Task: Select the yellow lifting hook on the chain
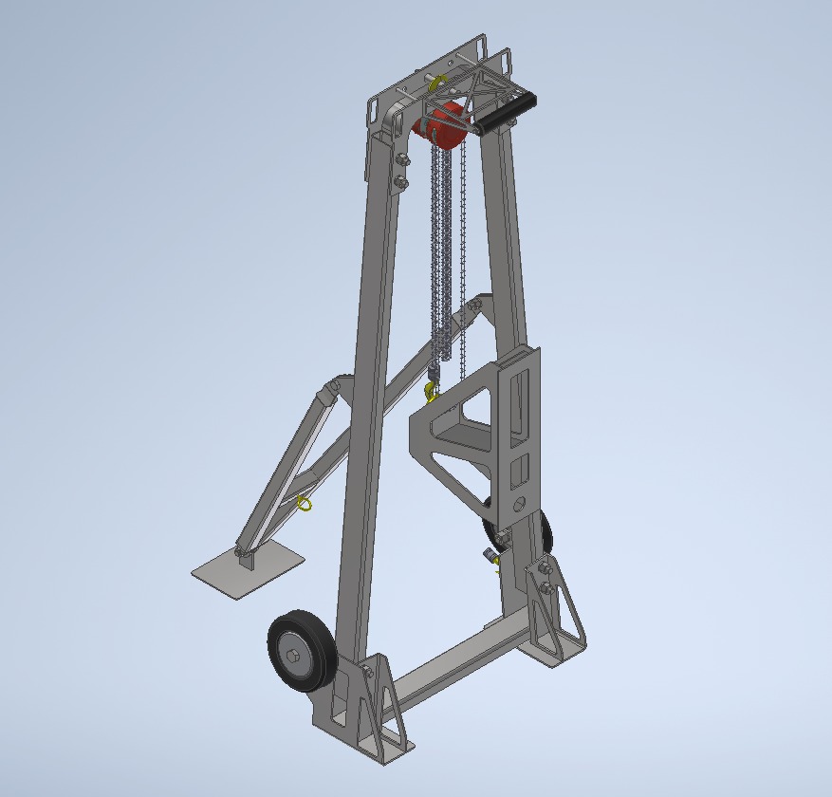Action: [433, 390]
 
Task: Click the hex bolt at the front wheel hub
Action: [293, 656]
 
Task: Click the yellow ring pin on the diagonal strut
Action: [305, 502]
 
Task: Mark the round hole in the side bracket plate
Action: [517, 503]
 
